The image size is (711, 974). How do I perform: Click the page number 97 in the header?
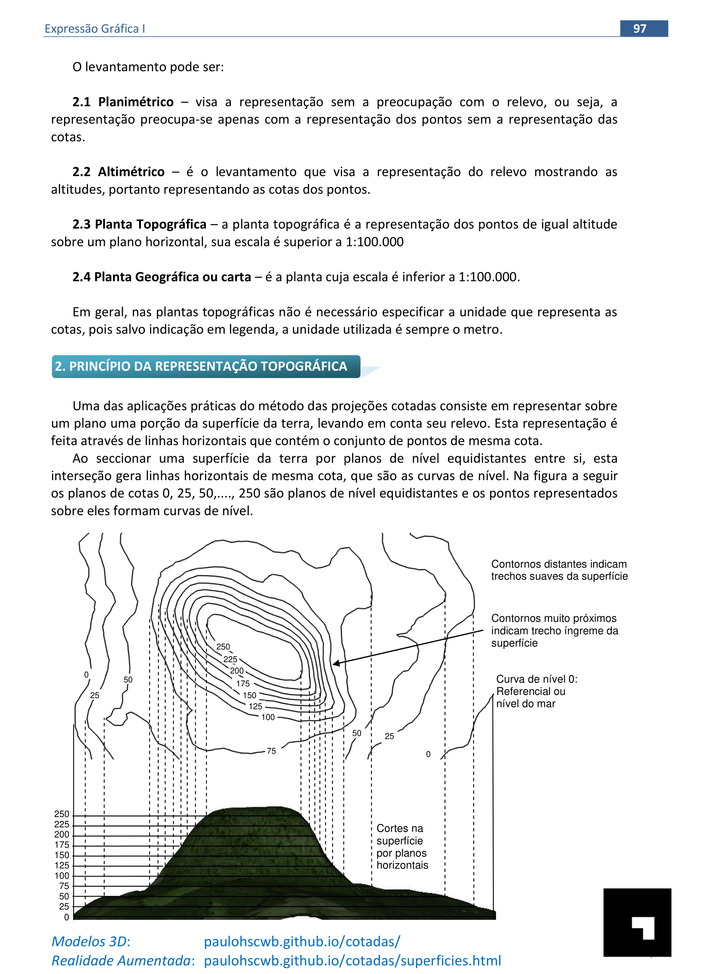640,28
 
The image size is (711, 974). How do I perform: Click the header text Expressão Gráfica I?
95,28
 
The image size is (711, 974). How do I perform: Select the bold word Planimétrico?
135,102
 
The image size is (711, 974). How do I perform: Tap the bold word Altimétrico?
131,172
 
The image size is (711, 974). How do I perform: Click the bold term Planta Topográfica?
150,224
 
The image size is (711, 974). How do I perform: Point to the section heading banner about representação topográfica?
206,366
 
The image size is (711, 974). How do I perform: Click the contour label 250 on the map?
223,647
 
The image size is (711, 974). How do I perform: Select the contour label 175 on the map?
243,683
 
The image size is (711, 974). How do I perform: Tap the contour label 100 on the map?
268,717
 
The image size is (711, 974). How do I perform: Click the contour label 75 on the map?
271,751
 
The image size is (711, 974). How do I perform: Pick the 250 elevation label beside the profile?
61,814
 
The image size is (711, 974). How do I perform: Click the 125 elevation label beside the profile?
61,866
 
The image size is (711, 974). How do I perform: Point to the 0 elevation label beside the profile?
66,917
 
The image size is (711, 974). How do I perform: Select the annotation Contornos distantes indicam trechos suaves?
559,570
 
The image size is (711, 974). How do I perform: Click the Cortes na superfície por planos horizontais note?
402,847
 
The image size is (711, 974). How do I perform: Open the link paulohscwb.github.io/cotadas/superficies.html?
352,961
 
